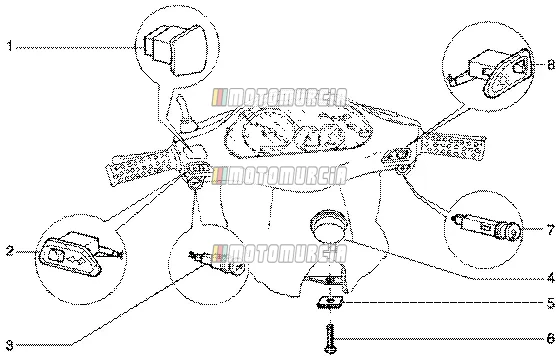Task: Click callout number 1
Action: [x=10, y=46]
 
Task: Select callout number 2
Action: [x=10, y=251]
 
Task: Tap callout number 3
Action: [x=10, y=345]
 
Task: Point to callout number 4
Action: [x=551, y=278]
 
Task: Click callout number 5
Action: [x=551, y=304]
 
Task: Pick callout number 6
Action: [x=551, y=338]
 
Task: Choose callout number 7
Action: [x=551, y=230]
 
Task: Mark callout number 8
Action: [x=551, y=65]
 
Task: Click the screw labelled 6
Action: [x=330, y=338]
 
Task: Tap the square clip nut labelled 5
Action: [x=330, y=303]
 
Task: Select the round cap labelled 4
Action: [x=328, y=226]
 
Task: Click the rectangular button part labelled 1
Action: [x=175, y=50]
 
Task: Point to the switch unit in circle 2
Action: [x=79, y=254]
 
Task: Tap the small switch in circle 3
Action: [x=216, y=262]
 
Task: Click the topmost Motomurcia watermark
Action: [x=279, y=98]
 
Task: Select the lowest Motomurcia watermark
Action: [x=279, y=254]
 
